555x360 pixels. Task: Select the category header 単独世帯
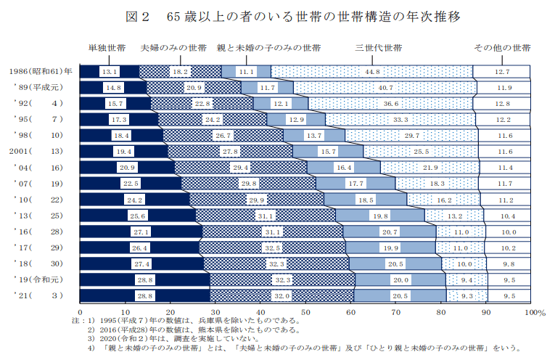pos(107,49)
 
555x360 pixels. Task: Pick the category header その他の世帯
pos(502,49)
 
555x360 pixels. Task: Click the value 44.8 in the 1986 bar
pos(373,72)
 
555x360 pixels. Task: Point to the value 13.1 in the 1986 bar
pos(110,72)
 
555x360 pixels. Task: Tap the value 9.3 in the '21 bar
pos(466,296)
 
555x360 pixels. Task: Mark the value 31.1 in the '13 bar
pos(264,216)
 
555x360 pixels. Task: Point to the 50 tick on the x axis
pos(305,312)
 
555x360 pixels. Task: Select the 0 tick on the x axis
pos(80,312)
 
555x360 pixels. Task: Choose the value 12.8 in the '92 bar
pos(503,104)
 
